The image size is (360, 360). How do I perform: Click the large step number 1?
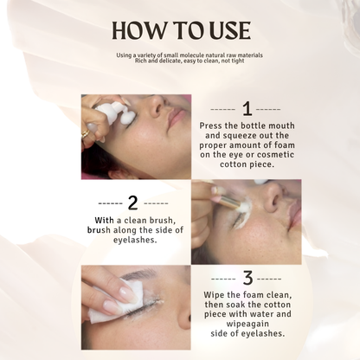coord(247,109)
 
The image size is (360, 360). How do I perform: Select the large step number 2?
coord(133,203)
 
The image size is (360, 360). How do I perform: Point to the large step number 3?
coord(247,279)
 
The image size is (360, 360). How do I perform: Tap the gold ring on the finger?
coord(86,134)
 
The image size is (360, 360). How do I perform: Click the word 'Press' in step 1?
coord(211,126)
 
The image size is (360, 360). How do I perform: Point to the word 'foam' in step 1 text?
coord(285,145)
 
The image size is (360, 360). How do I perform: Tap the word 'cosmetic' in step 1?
coord(275,155)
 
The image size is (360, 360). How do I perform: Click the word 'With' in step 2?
coord(104,221)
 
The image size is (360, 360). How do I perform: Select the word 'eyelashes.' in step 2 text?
coord(135,240)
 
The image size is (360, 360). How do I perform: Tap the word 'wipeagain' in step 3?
coord(247,324)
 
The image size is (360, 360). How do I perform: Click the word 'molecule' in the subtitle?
coord(190,55)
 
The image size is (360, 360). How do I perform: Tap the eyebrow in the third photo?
coord(141,273)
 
